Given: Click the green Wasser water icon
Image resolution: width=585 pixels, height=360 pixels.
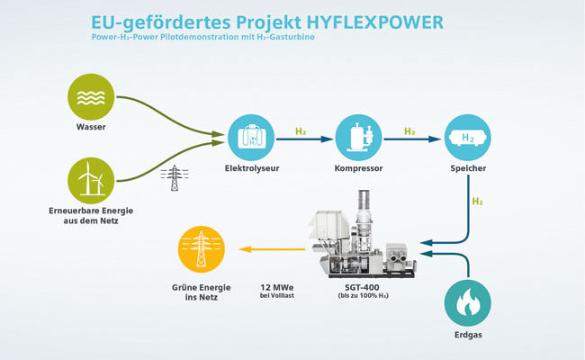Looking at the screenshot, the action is click(91, 97).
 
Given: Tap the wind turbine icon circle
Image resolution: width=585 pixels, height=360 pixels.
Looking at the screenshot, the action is click(91, 181).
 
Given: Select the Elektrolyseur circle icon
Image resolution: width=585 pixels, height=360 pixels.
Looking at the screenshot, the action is click(251, 138).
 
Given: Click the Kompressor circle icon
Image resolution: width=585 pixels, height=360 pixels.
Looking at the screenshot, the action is click(358, 138).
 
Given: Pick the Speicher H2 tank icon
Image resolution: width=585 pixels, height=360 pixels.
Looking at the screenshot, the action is click(468, 138).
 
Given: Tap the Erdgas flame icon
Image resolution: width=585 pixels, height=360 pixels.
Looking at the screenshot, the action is click(468, 303).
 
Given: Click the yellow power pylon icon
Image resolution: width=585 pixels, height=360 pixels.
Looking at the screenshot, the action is click(202, 249).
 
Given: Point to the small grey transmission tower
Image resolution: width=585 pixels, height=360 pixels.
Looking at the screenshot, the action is click(175, 178).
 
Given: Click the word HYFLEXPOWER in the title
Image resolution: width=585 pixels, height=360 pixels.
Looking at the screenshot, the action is click(375, 22).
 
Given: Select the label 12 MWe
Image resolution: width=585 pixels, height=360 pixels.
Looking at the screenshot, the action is click(277, 288).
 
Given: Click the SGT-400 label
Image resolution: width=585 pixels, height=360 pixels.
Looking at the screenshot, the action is click(362, 288).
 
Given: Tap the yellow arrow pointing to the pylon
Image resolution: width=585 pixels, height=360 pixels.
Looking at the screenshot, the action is click(272, 249).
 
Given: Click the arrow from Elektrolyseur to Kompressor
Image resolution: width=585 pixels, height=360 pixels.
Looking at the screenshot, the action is click(304, 139).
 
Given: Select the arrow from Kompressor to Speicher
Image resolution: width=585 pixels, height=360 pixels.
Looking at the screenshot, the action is click(412, 139).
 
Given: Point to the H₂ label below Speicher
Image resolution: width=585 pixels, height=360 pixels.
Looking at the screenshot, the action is click(478, 202).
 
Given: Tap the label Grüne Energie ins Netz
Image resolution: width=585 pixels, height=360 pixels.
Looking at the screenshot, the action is click(202, 292).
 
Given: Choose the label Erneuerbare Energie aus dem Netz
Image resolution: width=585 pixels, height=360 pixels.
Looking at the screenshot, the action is click(91, 216).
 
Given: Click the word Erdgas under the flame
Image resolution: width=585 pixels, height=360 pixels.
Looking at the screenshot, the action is click(468, 335).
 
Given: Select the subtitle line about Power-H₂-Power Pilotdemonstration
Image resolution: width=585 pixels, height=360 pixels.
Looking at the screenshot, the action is click(203, 37).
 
